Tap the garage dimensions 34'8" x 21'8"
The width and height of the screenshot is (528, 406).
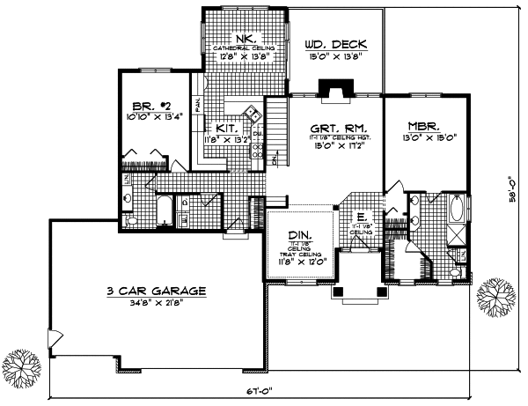pyautogui.click(x=156, y=302)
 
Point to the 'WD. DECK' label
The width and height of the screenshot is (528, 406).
pyautogui.click(x=335, y=44)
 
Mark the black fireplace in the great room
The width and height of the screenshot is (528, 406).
pyautogui.click(x=335, y=88)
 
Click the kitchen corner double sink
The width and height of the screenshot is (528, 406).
pyautogui.click(x=251, y=113)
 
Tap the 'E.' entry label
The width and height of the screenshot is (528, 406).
pyautogui.click(x=361, y=215)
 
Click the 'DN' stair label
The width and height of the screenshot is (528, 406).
pyautogui.click(x=275, y=159)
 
